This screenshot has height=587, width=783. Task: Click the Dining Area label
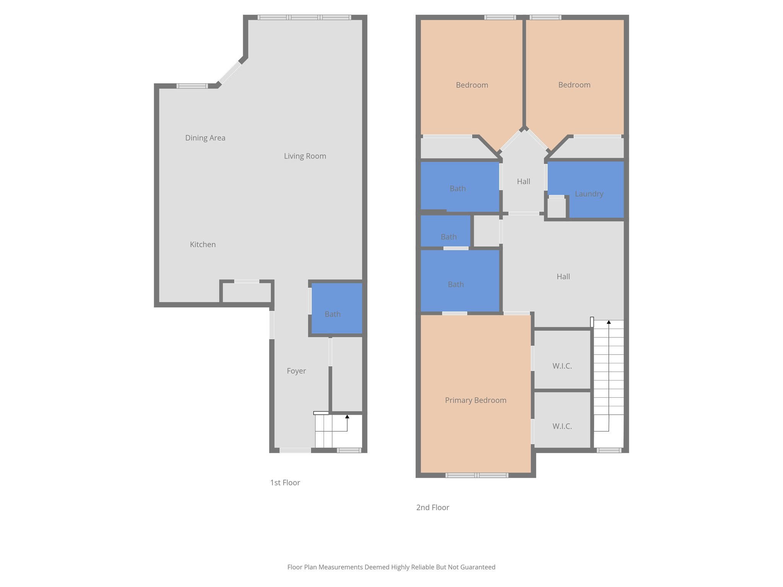tap(205, 138)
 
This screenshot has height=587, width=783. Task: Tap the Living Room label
tap(305, 156)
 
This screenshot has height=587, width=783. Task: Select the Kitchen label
tap(203, 245)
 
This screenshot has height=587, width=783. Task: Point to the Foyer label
tap(296, 371)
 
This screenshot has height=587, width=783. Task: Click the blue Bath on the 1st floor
tap(333, 314)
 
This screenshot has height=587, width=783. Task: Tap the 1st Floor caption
tap(285, 483)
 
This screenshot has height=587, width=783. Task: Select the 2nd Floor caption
tap(432, 508)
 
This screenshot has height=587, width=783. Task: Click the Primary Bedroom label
tap(476, 400)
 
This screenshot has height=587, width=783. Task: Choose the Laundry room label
tap(589, 194)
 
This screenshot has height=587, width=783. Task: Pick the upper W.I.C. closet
tap(562, 366)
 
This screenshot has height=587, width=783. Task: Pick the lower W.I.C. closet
tap(562, 426)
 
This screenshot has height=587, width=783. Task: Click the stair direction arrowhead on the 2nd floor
tap(609, 322)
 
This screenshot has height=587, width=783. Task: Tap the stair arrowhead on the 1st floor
tap(347, 417)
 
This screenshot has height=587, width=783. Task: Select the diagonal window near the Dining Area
tap(230, 73)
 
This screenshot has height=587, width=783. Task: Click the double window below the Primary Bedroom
tap(477, 475)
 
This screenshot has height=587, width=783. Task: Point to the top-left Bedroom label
tap(472, 85)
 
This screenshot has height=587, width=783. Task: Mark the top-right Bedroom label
tap(574, 85)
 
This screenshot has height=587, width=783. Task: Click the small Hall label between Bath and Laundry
tap(523, 182)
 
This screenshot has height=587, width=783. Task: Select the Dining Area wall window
tap(192, 86)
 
